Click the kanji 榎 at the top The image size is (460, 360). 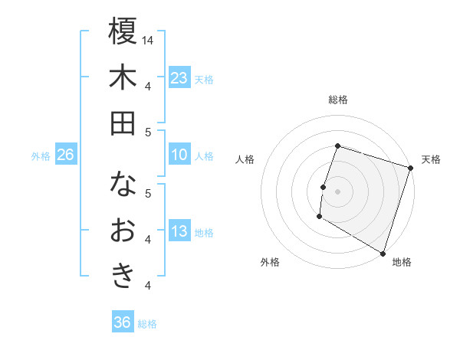tap(123, 31)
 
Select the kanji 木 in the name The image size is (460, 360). tap(123, 77)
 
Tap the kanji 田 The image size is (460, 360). tap(123, 123)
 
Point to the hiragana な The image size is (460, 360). tap(123, 185)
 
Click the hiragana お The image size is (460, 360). tap(123, 231)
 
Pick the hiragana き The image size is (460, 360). tap(123, 276)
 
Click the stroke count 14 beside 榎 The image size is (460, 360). tap(148, 40)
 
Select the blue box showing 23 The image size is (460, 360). tap(179, 77)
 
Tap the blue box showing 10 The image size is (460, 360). tap(179, 155)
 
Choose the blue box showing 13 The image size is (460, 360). tap(179, 232)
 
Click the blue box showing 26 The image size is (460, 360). tap(65, 155)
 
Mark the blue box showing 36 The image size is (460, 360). tap(123, 322)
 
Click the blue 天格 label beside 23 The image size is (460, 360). tap(204, 79)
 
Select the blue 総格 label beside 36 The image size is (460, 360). tap(147, 324)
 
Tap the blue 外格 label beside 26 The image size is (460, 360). tap(41, 156)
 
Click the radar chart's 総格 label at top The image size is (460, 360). tap(337, 100)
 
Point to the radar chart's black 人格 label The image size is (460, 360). tap(245, 159)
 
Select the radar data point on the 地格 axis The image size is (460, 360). tap(382, 252)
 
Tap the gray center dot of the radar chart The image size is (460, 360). tap(337, 191)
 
